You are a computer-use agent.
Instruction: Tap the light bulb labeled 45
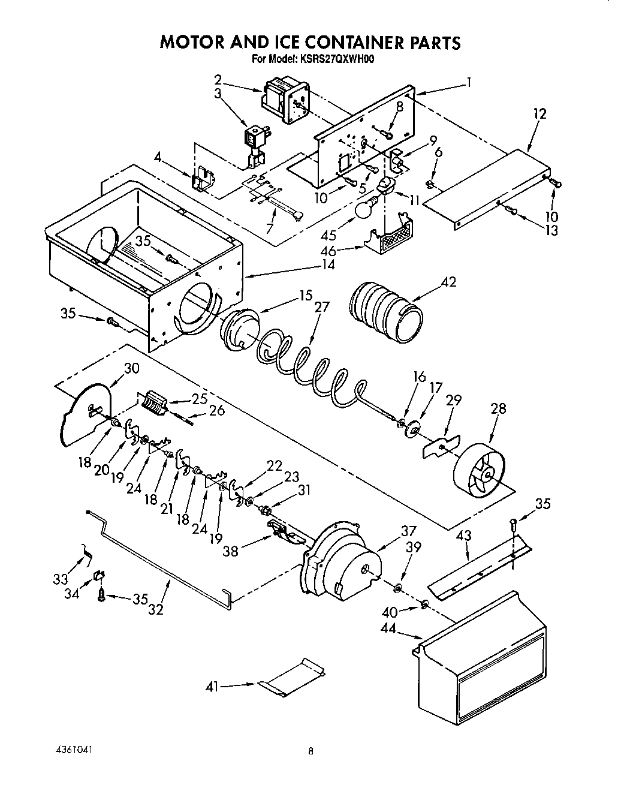pos(366,208)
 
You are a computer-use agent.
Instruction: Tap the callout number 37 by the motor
pos(408,531)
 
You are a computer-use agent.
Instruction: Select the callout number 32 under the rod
pos(156,609)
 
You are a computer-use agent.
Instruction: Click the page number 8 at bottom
pos(310,751)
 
